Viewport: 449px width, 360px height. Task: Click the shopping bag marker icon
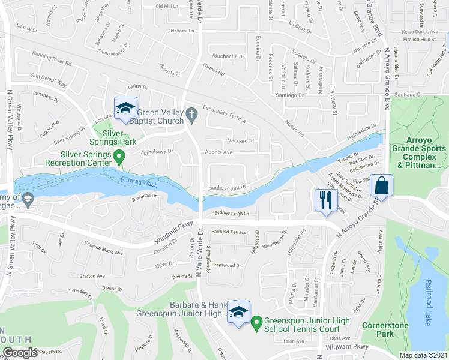click(382, 185)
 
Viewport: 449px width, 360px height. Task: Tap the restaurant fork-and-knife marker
click(324, 200)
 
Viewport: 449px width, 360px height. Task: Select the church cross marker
click(191, 113)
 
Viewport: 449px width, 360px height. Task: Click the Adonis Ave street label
click(218, 152)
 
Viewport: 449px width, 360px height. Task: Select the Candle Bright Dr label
click(227, 188)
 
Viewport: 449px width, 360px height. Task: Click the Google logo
click(20, 353)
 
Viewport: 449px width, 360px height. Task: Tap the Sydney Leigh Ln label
click(232, 214)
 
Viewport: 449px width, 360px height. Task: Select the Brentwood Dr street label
click(226, 265)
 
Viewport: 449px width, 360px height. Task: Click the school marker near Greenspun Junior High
click(238, 313)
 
